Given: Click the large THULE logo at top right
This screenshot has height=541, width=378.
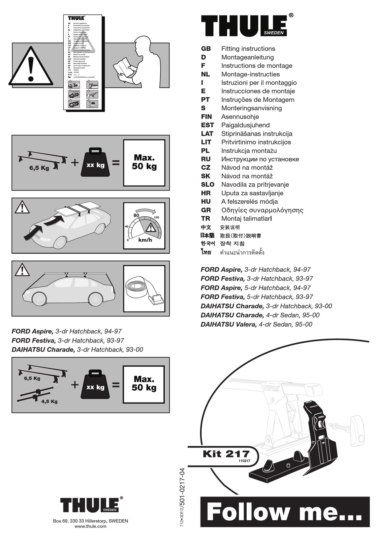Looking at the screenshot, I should point(244,26).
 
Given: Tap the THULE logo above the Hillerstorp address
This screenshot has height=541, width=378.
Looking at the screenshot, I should point(90,505).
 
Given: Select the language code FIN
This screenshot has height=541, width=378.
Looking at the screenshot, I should point(206,117).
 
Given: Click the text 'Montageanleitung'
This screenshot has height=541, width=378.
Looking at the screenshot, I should point(247,57).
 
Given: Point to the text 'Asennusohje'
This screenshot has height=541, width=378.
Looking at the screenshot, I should point(240,117).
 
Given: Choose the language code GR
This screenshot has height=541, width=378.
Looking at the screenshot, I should point(206,210).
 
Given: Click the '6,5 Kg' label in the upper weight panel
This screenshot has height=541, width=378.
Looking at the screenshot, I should point(39,168).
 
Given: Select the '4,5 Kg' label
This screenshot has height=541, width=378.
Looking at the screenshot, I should point(49,401).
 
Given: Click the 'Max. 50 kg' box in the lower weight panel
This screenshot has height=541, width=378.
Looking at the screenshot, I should point(144,384).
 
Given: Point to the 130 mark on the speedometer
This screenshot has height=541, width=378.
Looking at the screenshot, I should point(156,218).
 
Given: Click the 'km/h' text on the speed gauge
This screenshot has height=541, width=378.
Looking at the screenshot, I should point(145,240).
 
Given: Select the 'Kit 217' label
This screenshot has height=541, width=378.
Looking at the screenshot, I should point(226,454).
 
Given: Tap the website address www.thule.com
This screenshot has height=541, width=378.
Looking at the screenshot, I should point(90,526).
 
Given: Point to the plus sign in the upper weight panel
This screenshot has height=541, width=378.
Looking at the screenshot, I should point(75,162).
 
